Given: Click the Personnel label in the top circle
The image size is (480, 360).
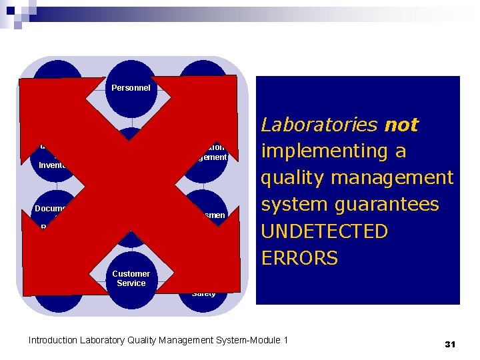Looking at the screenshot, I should click(x=131, y=87).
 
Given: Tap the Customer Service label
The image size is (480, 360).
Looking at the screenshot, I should click(x=131, y=279).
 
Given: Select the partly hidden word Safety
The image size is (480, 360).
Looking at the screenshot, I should click(x=203, y=293).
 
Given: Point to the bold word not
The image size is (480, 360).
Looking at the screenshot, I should click(x=402, y=125).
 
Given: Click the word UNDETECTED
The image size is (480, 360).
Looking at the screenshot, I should click(x=324, y=231).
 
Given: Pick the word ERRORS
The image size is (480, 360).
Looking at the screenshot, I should click(x=299, y=258).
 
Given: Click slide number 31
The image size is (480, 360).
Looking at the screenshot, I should click(x=449, y=344).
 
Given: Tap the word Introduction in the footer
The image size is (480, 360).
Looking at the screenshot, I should click(x=53, y=341).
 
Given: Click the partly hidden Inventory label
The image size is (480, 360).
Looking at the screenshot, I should click(x=53, y=165).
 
